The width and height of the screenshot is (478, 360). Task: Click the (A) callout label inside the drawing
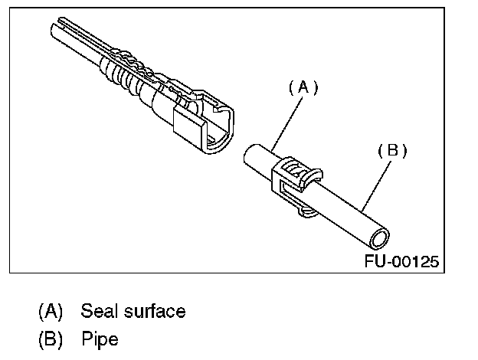303,88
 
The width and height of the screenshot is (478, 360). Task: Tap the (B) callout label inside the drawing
392,151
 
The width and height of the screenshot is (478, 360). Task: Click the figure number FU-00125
401,262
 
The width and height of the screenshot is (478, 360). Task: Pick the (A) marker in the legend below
51,312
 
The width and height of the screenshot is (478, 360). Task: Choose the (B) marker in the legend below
51,338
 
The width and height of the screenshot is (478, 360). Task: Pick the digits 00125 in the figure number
417,262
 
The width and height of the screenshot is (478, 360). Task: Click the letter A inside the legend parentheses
51,312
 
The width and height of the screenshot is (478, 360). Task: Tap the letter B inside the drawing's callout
392,151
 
